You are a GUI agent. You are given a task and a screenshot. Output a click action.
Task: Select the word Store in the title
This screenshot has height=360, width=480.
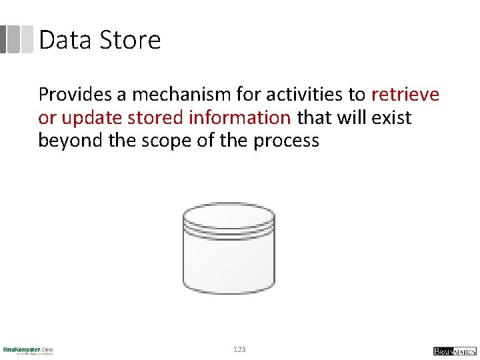pyautogui.click(x=131, y=40)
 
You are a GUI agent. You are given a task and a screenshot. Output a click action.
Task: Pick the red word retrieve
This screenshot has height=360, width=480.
pyautogui.click(x=405, y=95)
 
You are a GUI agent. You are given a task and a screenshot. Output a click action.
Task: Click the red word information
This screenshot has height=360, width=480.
pyautogui.click(x=240, y=118)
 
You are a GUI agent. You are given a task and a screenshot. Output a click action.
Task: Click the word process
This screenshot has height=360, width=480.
pyautogui.click(x=287, y=141)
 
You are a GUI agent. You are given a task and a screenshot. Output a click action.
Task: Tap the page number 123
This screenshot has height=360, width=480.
pyautogui.click(x=240, y=349)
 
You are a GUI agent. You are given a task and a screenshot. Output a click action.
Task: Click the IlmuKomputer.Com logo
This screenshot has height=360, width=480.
pyautogui.click(x=28, y=350)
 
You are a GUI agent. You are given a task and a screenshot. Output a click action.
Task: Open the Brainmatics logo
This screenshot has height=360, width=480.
pyautogui.click(x=455, y=351)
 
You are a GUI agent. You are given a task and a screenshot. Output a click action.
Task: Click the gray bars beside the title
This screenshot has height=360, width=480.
pyautogui.click(x=16, y=39)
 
